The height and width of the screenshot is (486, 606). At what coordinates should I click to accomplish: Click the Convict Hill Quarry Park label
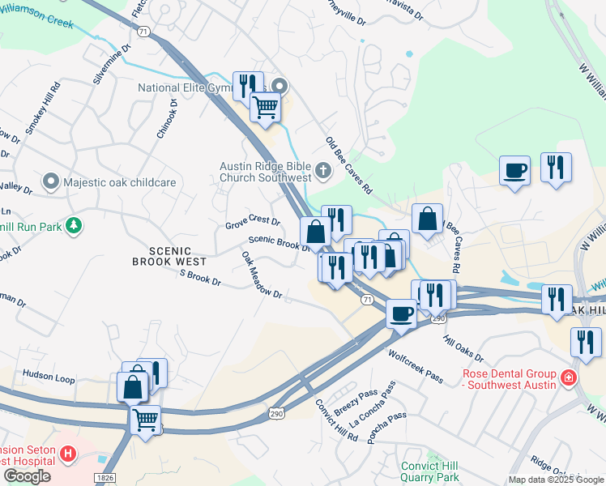tap(429, 471)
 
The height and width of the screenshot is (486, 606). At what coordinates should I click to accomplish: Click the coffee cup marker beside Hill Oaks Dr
tap(401, 313)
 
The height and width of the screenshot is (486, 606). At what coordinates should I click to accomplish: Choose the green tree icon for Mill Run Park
tap(74, 225)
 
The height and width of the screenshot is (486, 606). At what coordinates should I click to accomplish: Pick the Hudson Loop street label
tap(49, 376)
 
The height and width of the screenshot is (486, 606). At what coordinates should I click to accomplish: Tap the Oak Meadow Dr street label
tap(261, 275)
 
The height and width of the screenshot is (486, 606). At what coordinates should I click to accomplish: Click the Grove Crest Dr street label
tap(253, 221)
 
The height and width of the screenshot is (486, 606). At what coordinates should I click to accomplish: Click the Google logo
tap(27, 476)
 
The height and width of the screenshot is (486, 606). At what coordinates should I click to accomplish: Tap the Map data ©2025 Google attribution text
tap(555, 480)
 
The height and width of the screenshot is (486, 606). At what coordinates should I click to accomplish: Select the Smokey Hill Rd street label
tap(42, 108)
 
